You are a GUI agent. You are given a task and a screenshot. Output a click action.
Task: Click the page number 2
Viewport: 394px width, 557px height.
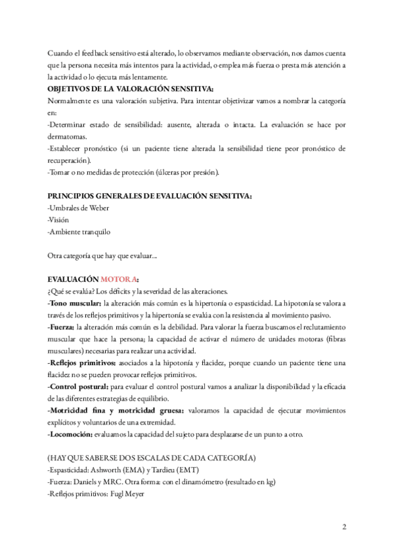tap(344, 527)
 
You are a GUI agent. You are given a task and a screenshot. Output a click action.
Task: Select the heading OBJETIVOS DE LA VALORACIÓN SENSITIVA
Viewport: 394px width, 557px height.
tap(131, 89)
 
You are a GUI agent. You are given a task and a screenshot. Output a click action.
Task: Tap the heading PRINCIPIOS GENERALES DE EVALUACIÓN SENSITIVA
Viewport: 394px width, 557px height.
tap(150, 196)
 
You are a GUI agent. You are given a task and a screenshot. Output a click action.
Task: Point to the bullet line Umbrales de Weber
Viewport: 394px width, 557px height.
tap(79, 208)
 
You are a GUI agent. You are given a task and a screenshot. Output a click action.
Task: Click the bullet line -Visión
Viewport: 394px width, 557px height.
tap(58, 219)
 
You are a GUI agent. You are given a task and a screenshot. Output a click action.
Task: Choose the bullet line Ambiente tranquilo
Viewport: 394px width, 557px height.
tap(79, 231)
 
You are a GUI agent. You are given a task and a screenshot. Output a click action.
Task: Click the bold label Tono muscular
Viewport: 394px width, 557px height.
tap(74, 303)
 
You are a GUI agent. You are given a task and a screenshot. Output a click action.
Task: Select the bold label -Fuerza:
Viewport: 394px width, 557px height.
tap(62, 326)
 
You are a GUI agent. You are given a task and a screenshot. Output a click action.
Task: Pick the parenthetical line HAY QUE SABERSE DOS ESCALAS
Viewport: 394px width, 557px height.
tap(152, 457)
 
